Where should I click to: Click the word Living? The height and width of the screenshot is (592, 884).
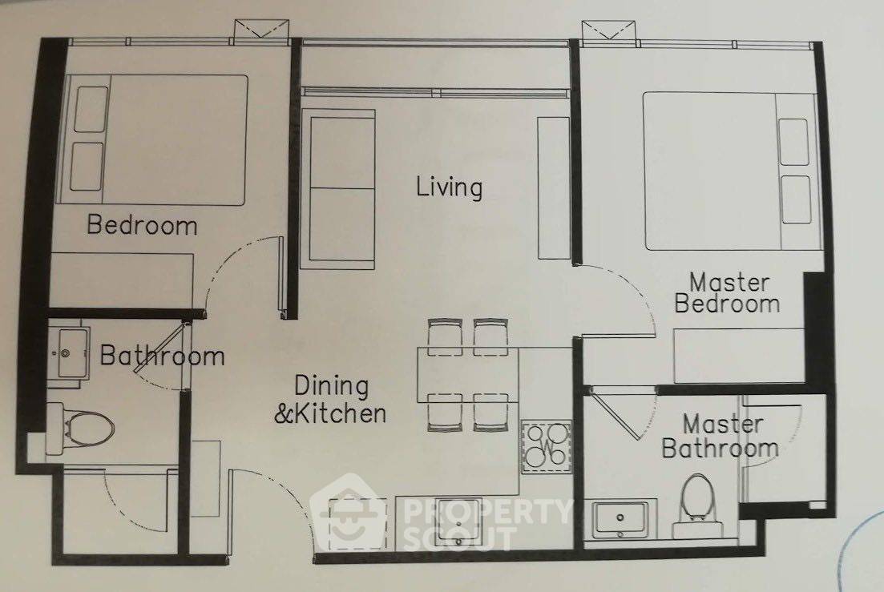pos(450,187)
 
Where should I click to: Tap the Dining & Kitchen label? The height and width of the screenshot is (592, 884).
pos(331,400)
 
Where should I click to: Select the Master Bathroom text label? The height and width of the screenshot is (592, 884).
pos(721,437)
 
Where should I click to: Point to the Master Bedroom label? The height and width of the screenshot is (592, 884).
pos(727,293)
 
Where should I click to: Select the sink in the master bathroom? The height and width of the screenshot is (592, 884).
pos(620,519)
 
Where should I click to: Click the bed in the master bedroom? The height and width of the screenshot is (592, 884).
pos(729,171)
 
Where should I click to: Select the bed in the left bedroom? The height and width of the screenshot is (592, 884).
pos(153,139)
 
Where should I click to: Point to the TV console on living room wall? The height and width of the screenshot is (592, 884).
pos(554,188)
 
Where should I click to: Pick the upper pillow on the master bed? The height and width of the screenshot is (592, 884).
pos(793,142)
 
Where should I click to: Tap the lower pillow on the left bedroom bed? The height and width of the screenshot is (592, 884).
pos(87,166)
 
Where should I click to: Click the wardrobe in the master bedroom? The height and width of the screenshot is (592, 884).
pos(739,356)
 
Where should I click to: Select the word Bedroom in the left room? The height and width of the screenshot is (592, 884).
pos(142,225)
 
